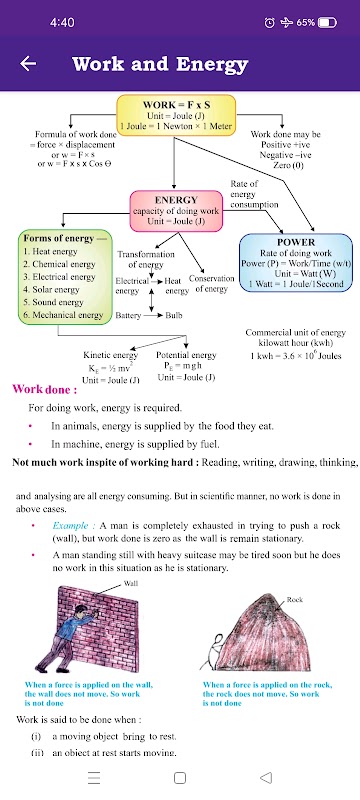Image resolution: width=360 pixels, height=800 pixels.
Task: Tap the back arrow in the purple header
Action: tap(28, 64)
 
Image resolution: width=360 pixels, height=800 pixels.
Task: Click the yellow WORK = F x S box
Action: tap(176, 115)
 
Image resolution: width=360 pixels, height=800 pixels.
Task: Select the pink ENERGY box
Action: tap(176, 211)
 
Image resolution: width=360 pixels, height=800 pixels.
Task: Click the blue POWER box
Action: tap(296, 263)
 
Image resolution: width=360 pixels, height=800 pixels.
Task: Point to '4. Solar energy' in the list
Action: tap(51, 289)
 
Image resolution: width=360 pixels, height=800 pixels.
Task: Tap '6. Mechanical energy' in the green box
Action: tap(63, 315)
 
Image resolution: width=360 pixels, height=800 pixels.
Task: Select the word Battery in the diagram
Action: tap(128, 315)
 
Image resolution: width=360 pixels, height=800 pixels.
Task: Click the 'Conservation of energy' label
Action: tap(212, 284)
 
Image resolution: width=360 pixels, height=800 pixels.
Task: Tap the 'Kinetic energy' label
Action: tap(111, 355)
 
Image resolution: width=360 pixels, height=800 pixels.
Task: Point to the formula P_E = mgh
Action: tap(183, 366)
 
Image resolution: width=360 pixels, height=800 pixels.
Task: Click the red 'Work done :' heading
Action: tap(45, 389)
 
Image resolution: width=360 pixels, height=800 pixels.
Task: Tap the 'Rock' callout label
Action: tap(295, 600)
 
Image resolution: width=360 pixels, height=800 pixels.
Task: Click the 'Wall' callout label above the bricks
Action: tap(131, 583)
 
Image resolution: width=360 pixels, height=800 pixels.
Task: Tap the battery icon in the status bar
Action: tap(327, 22)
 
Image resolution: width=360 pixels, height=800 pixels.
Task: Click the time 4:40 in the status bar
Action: tap(62, 22)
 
